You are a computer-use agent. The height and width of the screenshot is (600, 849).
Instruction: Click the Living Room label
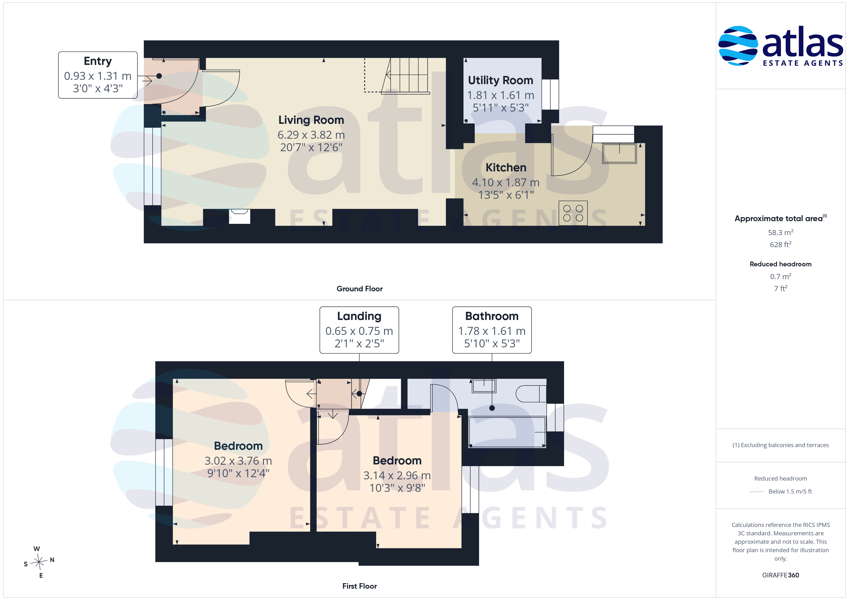[x=311, y=120]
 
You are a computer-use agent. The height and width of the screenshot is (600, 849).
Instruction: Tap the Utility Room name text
[x=500, y=80]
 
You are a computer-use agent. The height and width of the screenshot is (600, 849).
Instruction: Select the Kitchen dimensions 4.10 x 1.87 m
[x=506, y=182]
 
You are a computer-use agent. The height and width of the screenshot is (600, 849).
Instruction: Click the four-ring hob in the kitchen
[x=573, y=213]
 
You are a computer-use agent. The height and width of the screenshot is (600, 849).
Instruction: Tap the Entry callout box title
[x=98, y=61]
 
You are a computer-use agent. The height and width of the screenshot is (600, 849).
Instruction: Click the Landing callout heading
[x=359, y=316]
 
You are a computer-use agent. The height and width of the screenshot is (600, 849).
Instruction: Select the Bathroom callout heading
[x=492, y=316]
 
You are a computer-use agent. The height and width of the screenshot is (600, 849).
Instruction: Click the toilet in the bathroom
[x=531, y=394]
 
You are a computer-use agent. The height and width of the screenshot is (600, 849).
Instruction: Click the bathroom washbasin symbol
[x=484, y=386]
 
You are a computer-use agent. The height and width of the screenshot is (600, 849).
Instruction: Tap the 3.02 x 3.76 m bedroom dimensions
[x=238, y=461]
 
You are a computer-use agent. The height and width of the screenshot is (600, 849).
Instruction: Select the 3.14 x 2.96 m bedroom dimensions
[x=397, y=476]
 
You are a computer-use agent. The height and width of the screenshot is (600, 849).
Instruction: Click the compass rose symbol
[x=39, y=562]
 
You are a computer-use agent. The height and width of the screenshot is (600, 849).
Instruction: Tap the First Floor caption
[x=360, y=586]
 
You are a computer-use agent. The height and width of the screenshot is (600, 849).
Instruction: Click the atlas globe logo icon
[x=738, y=46]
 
